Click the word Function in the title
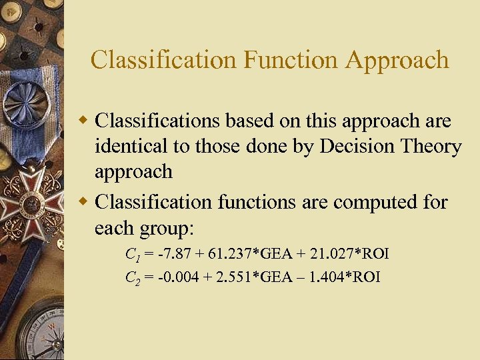pos(290,60)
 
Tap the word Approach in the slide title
pos(397,61)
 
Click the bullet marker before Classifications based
pos(83,121)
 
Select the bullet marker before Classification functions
pos(83,202)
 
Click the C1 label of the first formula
pos(132,255)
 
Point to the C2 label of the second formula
pos(133,277)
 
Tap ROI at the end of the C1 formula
pos(375,254)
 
